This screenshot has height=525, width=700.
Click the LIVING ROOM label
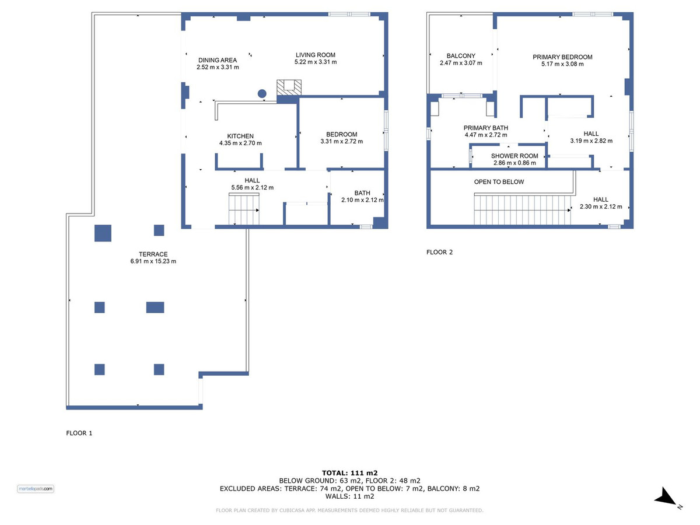[x=315, y=55]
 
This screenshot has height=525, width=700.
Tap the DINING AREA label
[x=218, y=60]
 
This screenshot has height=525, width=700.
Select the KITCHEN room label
[x=240, y=136]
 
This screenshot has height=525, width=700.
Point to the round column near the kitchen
[x=262, y=93]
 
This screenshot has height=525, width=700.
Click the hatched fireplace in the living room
[x=289, y=87]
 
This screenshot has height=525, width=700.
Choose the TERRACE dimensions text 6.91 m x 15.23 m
[x=153, y=261]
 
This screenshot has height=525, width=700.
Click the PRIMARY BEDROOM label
[x=562, y=57]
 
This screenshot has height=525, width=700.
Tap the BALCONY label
[x=461, y=56]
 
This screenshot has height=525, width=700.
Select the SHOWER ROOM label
[x=514, y=156]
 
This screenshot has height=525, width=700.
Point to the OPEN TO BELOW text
[x=499, y=181]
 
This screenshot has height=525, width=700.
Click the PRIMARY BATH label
[x=486, y=128]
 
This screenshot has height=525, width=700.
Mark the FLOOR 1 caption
[x=79, y=433]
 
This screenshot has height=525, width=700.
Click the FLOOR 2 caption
[x=439, y=252]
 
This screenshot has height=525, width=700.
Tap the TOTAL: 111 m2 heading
[x=349, y=473]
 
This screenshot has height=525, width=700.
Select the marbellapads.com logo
[x=36, y=489]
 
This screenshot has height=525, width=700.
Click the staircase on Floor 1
[x=244, y=210]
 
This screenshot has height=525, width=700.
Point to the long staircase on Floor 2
[x=522, y=210]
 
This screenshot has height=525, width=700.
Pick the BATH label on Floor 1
[x=362, y=193]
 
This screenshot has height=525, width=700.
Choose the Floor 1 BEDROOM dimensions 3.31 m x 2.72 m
[x=341, y=141]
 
